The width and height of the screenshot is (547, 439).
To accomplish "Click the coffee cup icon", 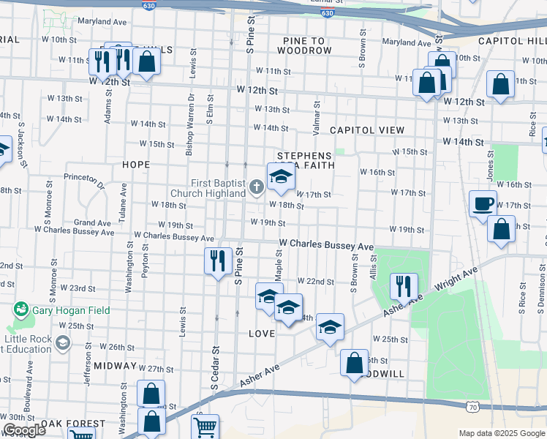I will (483, 203).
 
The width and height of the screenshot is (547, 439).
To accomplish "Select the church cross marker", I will (256, 188).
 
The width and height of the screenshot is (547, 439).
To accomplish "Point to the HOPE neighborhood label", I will (136, 165).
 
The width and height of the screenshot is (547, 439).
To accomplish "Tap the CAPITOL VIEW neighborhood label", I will (367, 130).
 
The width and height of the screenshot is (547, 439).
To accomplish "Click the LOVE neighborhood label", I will (263, 334).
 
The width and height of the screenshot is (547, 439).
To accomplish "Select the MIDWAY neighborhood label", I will (116, 365).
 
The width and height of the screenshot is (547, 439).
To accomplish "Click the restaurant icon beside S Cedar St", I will (217, 261).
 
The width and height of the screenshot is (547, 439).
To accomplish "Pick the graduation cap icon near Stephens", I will (280, 176).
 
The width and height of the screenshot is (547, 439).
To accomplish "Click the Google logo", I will (24, 430).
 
